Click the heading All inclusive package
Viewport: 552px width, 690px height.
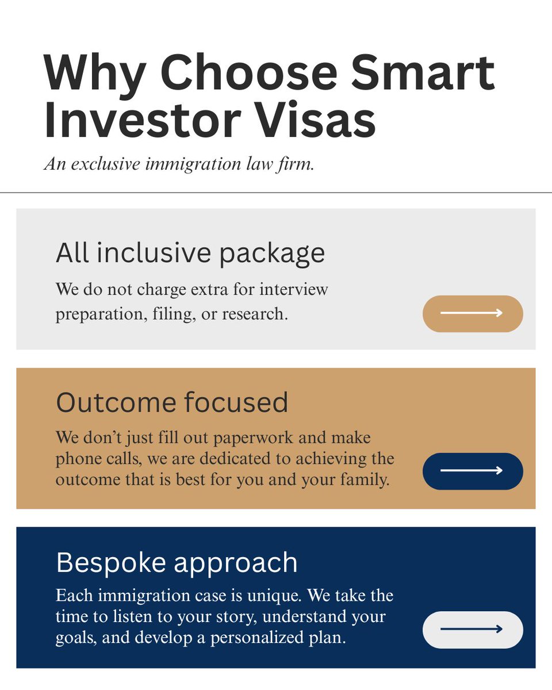point(190,253)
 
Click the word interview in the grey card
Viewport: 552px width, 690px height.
point(294,288)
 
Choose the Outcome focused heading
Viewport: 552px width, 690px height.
point(172,402)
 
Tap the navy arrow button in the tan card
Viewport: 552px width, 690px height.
point(473,471)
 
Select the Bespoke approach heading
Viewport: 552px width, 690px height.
point(177,562)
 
